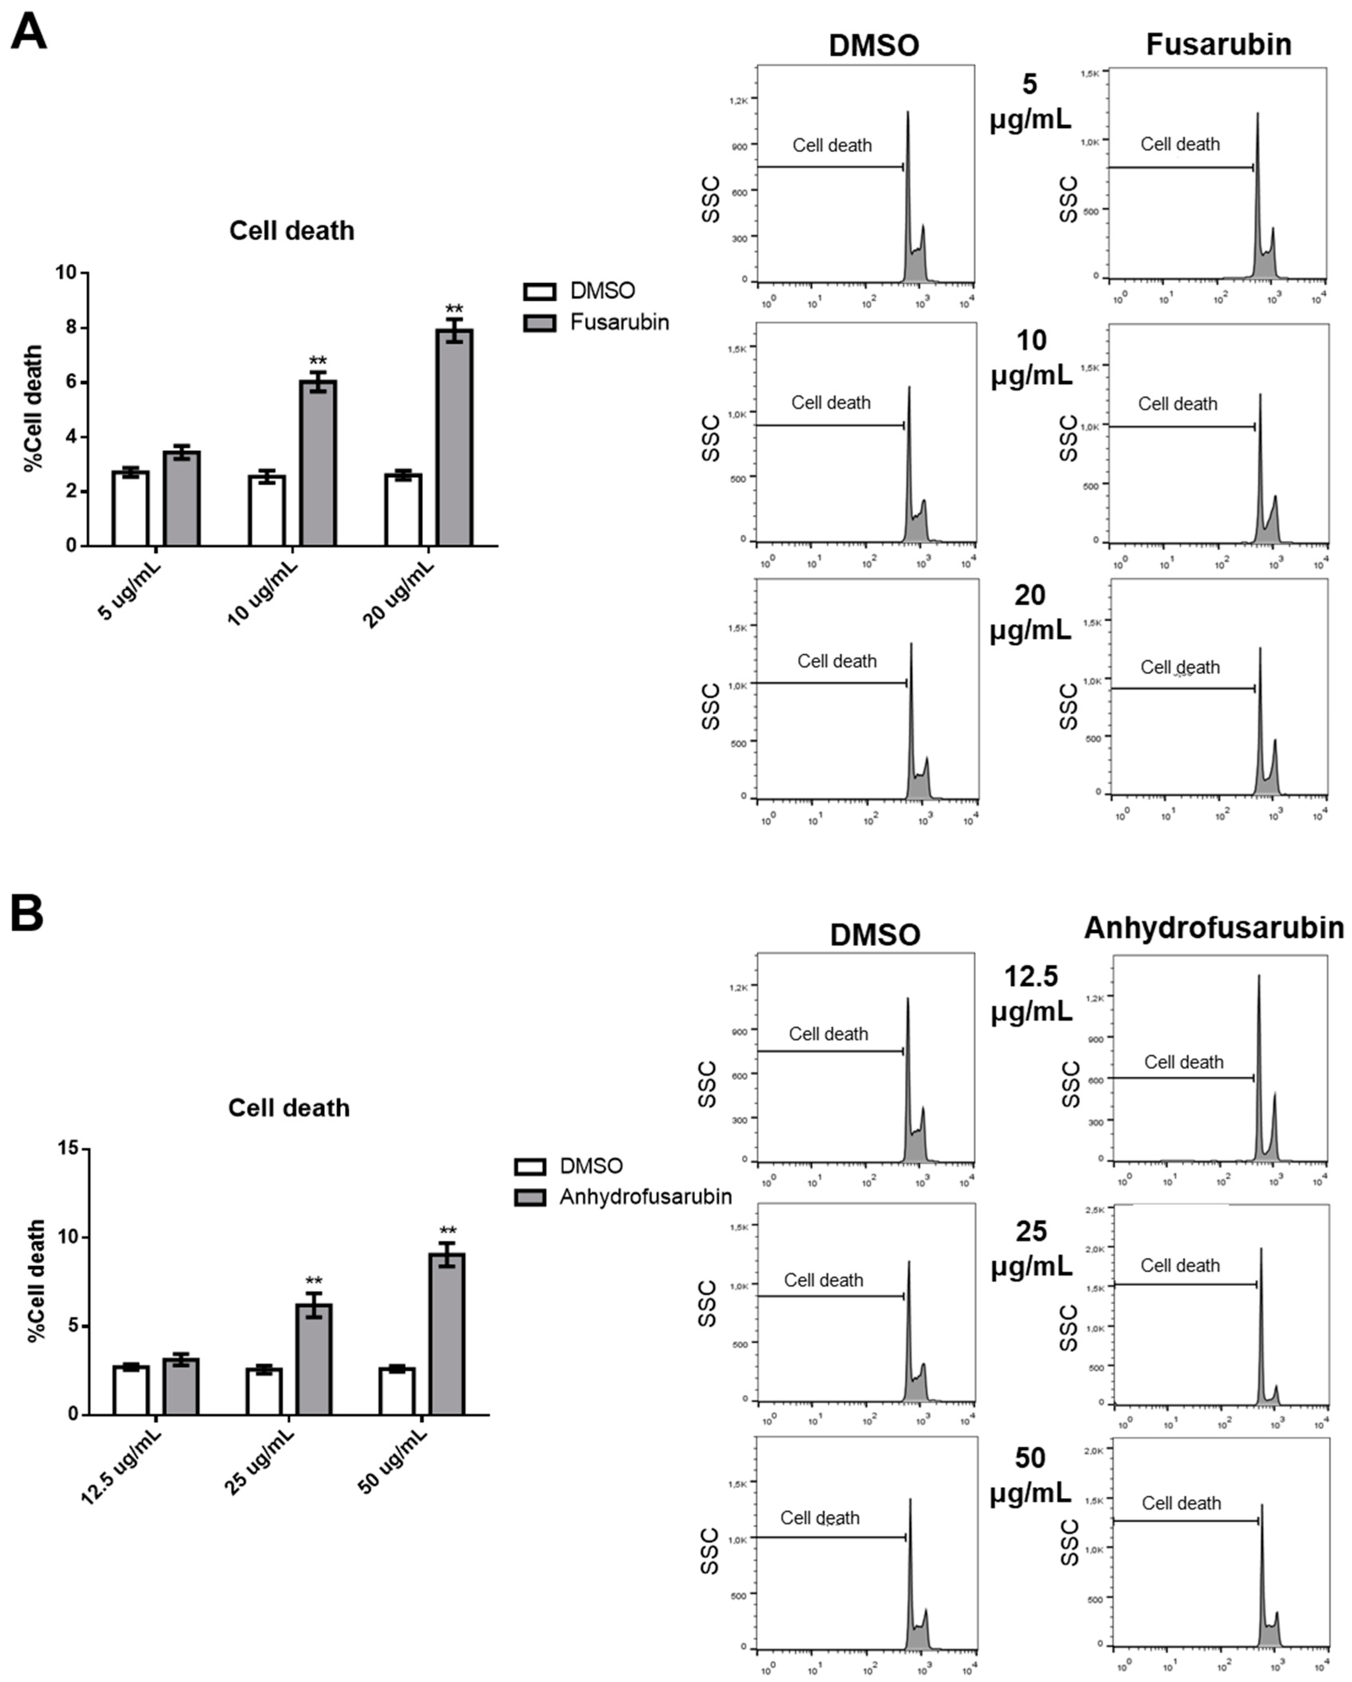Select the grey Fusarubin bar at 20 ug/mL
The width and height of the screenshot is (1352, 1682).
coord(454,437)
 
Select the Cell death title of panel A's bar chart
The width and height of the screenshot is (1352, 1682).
coord(291,231)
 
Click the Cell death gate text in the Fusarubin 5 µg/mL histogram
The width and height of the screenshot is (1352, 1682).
coord(1180,144)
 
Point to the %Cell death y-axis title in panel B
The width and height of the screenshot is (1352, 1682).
coord(36,1279)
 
